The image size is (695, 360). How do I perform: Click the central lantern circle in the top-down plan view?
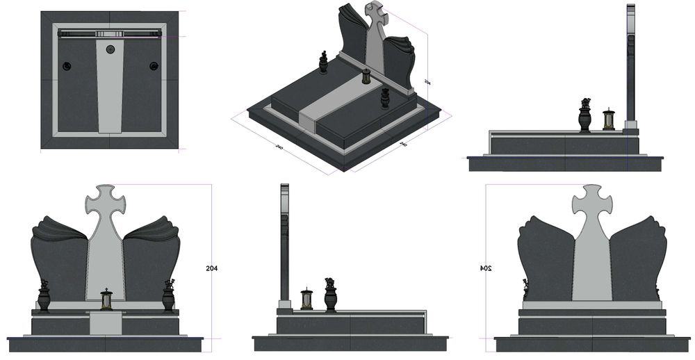pos(111,49)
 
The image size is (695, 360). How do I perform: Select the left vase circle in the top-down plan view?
pos(67,65)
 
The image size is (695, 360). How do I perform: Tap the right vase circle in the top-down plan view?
pos(154,65)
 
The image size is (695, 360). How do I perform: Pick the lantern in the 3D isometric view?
pos(366,76)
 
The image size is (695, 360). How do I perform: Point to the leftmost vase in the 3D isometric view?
pos(322,63)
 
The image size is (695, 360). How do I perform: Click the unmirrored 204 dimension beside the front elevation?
pos(212,268)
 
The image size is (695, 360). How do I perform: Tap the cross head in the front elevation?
pos(106,201)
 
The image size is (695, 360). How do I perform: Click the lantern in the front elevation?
pos(106,300)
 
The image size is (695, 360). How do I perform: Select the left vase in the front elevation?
pos(44,297)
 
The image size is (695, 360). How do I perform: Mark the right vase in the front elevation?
pos(168,297)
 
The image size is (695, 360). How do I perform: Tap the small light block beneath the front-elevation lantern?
pos(106,321)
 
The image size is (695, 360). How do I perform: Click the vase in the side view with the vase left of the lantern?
pos(585,116)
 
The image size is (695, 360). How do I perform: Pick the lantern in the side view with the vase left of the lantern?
pos(609,119)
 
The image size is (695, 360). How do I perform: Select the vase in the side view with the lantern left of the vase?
pos(330,295)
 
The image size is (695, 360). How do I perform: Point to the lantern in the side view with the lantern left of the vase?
pos(306,298)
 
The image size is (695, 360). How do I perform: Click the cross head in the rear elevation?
pos(592,201)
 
